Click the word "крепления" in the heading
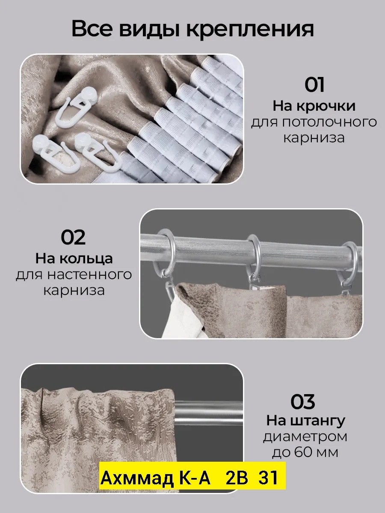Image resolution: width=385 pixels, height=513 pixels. click(x=250, y=29)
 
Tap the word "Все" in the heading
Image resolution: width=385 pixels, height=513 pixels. click(x=92, y=29)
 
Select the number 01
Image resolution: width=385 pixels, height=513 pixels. click(x=314, y=85)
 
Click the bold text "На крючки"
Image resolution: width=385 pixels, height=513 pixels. click(x=314, y=106)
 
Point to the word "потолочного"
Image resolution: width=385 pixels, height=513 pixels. click(x=329, y=123)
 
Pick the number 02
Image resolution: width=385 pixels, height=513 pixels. click(x=73, y=237)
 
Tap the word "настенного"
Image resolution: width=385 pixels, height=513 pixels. click(x=89, y=275)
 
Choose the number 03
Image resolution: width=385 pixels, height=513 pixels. click(x=303, y=402)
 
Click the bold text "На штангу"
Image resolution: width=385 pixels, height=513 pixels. click(x=305, y=421)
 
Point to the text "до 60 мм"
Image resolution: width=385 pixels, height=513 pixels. click(x=305, y=453)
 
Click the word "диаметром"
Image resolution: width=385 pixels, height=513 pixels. click(x=305, y=437)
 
